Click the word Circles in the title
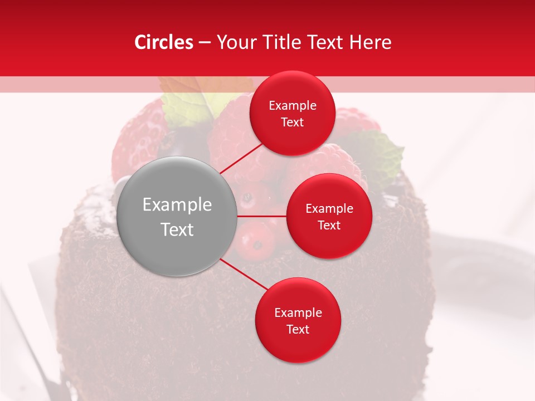[164, 42]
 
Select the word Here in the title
[371, 42]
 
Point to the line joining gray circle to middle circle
[262, 216]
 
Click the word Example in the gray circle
[177, 205]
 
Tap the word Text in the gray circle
[177, 229]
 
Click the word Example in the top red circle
[293, 106]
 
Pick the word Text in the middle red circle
[329, 225]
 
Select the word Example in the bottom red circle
[298, 313]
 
